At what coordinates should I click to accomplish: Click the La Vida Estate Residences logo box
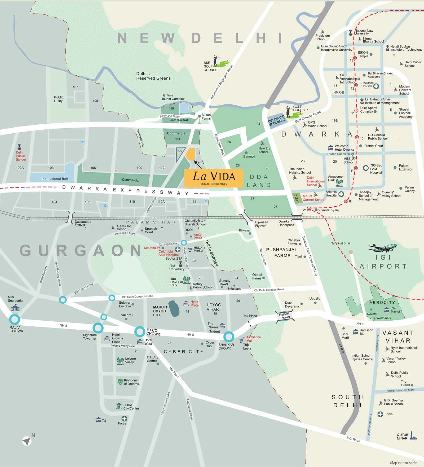pyautogui.click(x=214, y=177)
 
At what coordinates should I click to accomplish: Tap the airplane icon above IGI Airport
pyautogui.click(x=382, y=248)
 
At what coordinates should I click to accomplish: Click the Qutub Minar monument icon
pyautogui.click(x=413, y=435)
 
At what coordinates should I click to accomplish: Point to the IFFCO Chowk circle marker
pyautogui.click(x=140, y=331)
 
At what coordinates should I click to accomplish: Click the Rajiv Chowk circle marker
pyautogui.click(x=15, y=319)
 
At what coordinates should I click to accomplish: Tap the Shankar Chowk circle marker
pyautogui.click(x=229, y=337)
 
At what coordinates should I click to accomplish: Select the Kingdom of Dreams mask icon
pyautogui.click(x=120, y=382)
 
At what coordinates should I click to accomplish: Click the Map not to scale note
pyautogui.click(x=404, y=463)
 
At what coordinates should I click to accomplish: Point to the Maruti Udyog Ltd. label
pyautogui.click(x=160, y=311)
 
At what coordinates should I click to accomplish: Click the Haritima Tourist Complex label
pyautogui.click(x=173, y=97)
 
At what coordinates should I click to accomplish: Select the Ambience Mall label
pyautogui.click(x=253, y=339)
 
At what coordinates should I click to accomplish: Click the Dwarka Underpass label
pyautogui.click(x=286, y=223)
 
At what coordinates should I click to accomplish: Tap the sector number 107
pyautogui.click(x=75, y=87)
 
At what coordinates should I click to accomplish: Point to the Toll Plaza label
pyautogui.click(x=250, y=316)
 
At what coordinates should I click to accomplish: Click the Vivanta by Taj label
pyautogui.click(x=328, y=210)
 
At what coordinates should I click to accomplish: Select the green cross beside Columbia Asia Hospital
pyautogui.click(x=178, y=249)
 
